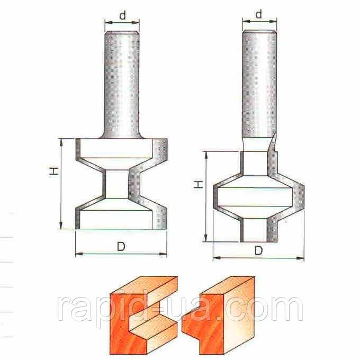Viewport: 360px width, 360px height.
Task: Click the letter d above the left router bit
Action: click(123, 15)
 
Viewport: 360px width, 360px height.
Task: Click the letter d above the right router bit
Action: click(259, 14)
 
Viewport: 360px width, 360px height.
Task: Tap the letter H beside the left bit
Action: click(54, 171)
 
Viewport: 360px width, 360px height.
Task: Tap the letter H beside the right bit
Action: click(199, 184)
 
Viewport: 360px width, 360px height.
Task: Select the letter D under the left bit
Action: click(121, 247)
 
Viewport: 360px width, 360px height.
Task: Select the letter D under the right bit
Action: click(258, 250)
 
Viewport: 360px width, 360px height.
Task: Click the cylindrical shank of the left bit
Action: click(122, 85)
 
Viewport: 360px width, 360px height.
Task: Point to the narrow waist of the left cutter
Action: click(116, 184)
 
